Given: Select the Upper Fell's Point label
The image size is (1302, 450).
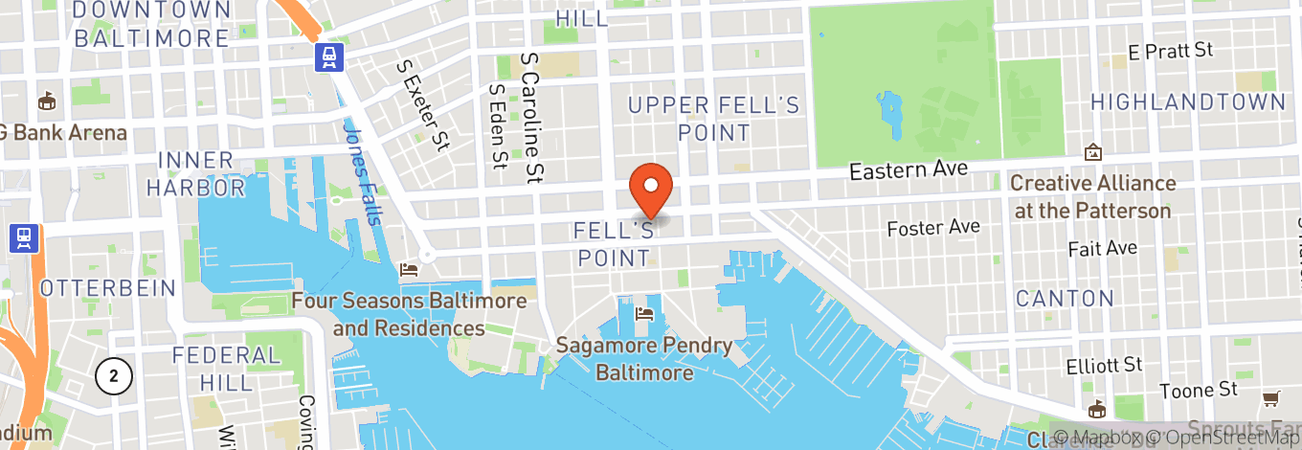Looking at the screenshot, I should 713,119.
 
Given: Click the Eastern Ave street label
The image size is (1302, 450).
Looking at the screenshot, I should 909,170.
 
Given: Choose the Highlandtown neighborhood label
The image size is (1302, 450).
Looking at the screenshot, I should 1187,102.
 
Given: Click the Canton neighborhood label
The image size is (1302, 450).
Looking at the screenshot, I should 1065,299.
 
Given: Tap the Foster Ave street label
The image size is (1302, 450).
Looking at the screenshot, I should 933,228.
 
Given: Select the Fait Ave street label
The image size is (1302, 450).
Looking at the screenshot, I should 1103,248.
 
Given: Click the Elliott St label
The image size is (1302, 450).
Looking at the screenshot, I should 1105,365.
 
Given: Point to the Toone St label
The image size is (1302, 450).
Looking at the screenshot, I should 1200,391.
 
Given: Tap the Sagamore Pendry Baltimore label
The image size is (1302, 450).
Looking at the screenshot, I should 644,359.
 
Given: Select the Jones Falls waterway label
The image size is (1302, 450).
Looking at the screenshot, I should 361,172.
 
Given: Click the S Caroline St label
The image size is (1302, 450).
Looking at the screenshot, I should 531,117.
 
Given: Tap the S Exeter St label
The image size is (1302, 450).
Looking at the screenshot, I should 422,105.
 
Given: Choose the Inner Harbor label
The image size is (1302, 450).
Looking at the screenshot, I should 195,173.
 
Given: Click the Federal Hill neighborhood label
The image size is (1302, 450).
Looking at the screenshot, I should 227,369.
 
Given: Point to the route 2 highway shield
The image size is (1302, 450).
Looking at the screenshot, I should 113,376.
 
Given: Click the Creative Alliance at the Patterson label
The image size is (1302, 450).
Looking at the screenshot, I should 1092,196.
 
